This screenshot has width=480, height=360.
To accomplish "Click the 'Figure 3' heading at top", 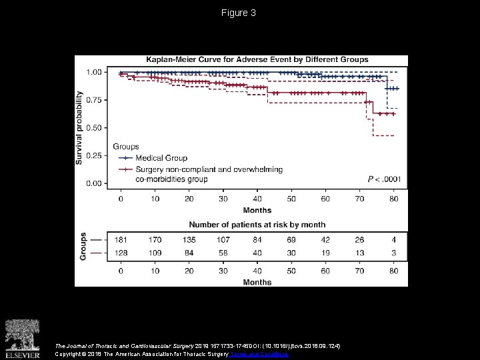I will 239,13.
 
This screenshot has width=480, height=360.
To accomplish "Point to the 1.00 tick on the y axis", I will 94,72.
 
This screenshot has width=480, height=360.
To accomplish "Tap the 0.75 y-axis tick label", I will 94,100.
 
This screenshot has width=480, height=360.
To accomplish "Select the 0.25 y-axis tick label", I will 94,156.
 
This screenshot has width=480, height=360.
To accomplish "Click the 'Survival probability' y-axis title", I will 79,128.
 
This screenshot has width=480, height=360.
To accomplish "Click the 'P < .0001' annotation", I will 383,179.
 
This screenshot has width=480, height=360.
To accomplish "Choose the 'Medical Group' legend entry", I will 159,158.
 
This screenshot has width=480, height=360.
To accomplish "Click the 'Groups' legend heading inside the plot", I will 126,147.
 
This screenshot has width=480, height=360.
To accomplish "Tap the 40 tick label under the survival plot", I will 257,199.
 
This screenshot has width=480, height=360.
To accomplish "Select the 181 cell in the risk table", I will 121,240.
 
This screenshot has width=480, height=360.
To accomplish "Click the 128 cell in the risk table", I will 121,254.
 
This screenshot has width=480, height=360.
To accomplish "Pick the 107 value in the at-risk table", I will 223,240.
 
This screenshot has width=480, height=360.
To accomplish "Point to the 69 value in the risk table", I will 291,240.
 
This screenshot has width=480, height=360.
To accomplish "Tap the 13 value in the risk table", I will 359,254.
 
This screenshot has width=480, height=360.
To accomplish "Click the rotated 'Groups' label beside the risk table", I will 83,245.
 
